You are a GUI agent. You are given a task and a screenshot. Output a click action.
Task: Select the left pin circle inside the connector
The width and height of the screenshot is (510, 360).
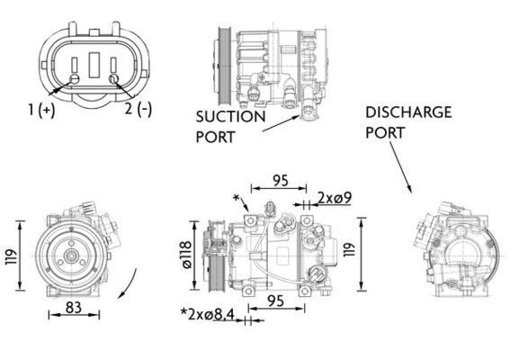[x=74, y=79]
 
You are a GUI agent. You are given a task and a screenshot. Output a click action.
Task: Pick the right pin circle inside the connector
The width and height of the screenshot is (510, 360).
[x=114, y=79]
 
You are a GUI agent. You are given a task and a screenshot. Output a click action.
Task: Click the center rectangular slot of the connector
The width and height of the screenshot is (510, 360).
[x=94, y=68]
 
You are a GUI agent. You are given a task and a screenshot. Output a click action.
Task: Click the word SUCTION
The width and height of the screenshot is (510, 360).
[x=230, y=116]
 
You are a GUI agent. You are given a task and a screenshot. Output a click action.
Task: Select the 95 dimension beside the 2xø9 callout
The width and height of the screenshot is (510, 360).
[x=280, y=180]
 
